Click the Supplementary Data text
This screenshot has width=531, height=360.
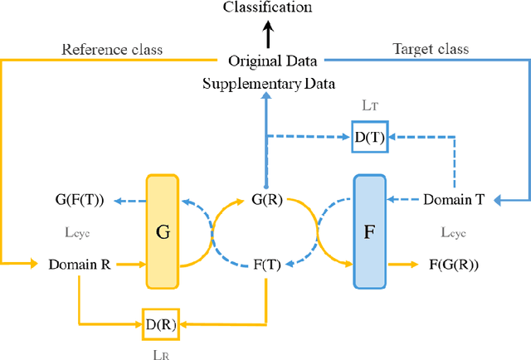(x=273, y=83)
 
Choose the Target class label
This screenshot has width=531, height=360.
(x=429, y=50)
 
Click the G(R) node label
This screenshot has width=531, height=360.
(x=266, y=200)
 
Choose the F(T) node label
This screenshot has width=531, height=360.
(x=265, y=265)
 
